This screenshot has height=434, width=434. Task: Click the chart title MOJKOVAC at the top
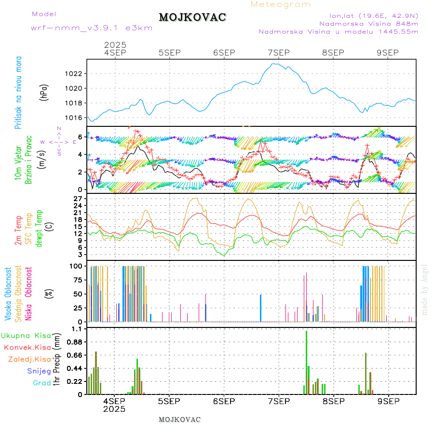[x=192, y=17]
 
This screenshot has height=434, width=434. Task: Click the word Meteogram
[x=281, y=4]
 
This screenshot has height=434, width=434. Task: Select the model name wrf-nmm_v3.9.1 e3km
[x=92, y=28]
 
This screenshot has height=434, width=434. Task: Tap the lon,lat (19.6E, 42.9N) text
[x=373, y=15]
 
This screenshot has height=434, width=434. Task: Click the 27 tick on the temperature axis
[x=79, y=198]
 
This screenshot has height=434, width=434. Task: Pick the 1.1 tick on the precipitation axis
[x=77, y=329]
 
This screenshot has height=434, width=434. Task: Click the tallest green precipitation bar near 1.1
[x=306, y=362]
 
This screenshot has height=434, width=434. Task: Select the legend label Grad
[x=42, y=383]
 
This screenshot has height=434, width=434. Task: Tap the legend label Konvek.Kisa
[x=27, y=347]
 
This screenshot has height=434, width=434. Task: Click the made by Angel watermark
[x=425, y=289]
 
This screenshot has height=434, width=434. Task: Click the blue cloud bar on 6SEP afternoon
[x=261, y=308]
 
